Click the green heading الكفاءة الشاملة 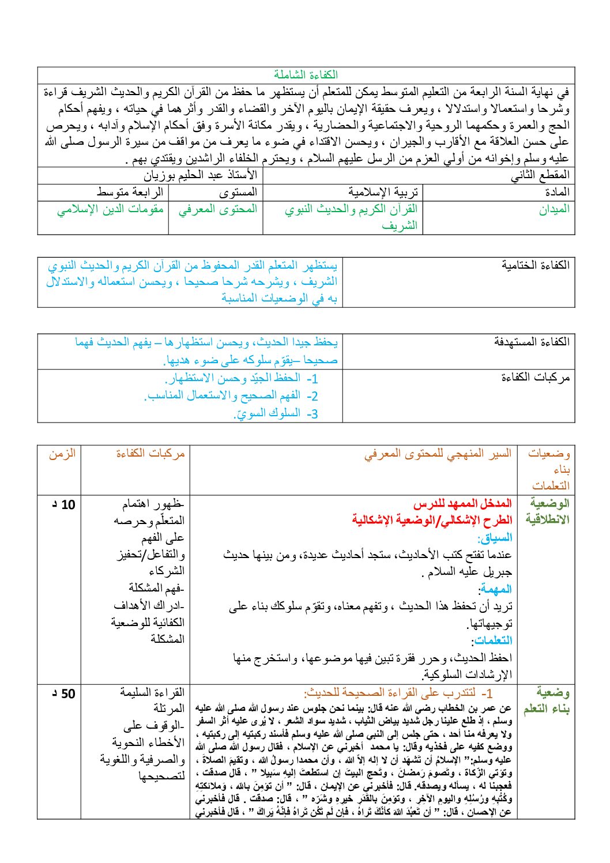pos(306,75)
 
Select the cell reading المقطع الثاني pos(540,175)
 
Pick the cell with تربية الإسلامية pos(383,192)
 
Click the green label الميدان pos(554,209)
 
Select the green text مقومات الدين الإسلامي pos(110,209)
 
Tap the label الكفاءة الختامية pos(535,265)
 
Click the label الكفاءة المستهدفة pos(532,342)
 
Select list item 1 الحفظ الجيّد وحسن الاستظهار pos(241,379)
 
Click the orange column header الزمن pos(62,454)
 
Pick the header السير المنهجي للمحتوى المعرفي pos(438,454)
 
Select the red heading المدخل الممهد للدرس pos(462,504)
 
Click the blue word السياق pos(495,538)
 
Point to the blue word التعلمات pos(492,640)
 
